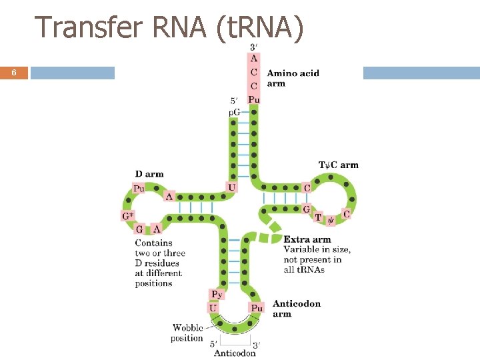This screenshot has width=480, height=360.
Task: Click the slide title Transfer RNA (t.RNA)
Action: (x=169, y=27)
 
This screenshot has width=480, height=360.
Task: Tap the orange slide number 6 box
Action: (x=14, y=73)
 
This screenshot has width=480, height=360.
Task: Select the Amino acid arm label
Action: (x=293, y=78)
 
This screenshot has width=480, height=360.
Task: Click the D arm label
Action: (x=149, y=174)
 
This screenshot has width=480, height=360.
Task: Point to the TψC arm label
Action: (x=338, y=165)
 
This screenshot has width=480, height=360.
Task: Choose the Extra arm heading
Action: (x=307, y=239)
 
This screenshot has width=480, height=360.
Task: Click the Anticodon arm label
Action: (x=296, y=309)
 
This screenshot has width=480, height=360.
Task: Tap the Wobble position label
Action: (x=187, y=333)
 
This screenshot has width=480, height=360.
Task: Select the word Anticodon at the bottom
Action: (x=235, y=353)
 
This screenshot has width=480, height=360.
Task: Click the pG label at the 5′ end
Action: (x=235, y=112)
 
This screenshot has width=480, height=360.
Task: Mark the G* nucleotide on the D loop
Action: (x=127, y=215)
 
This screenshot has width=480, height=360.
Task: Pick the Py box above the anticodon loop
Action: (x=217, y=294)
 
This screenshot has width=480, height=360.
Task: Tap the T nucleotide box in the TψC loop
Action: (x=318, y=217)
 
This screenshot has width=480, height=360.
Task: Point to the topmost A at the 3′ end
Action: (x=254, y=58)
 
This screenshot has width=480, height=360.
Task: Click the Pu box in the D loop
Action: (x=139, y=189)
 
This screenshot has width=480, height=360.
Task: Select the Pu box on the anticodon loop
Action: (x=257, y=307)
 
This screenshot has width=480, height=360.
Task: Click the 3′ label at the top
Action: (x=254, y=47)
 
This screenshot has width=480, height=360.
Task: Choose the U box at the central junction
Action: (x=231, y=187)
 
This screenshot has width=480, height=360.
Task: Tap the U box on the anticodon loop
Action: (x=213, y=307)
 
